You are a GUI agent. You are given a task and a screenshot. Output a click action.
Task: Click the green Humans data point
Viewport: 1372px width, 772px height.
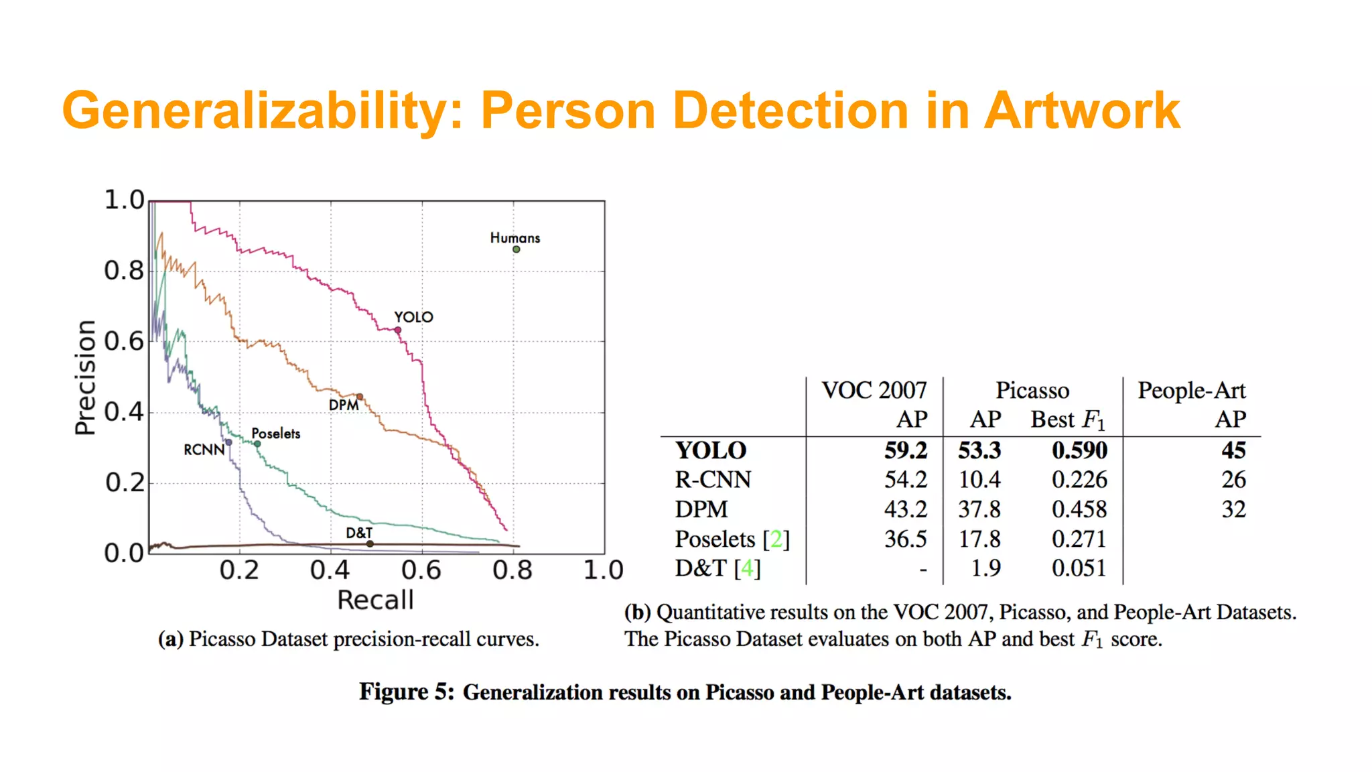517,249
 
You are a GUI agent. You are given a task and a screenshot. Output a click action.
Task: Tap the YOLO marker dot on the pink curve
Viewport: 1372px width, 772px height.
398,330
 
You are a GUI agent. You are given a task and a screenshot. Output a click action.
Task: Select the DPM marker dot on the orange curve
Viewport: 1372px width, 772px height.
360,397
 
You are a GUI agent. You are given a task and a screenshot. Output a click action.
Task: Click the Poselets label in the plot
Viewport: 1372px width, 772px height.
275,434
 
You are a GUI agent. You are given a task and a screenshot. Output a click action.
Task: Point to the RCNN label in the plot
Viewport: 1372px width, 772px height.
204,450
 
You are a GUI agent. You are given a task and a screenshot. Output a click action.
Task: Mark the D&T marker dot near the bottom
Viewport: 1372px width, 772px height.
370,543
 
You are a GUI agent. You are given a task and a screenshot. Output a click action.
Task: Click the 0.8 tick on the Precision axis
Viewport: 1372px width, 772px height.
124,271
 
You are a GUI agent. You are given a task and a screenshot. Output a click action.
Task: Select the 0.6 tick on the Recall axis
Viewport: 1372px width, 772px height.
421,570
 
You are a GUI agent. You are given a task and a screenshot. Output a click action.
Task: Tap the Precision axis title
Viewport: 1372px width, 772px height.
86,377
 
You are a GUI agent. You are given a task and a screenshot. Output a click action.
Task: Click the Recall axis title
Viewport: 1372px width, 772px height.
375,600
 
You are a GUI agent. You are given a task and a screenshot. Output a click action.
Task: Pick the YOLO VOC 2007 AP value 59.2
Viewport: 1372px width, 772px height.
905,450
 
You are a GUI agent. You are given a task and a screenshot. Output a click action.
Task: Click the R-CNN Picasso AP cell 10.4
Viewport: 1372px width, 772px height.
979,480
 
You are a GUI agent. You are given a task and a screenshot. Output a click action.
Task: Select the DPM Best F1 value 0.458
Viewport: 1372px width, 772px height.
1079,509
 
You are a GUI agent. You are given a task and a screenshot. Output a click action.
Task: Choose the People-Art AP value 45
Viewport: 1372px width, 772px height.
1233,450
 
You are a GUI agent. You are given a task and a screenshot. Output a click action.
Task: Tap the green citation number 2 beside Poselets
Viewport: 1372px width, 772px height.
776,539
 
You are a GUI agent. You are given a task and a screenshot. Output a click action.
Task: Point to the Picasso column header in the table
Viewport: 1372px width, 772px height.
1032,390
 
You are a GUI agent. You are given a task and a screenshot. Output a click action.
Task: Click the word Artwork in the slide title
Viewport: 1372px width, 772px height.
1081,111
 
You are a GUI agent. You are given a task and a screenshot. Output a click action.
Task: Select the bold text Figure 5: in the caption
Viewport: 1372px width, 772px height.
407,692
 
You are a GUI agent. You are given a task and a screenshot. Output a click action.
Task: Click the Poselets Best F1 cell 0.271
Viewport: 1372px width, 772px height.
1079,539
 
